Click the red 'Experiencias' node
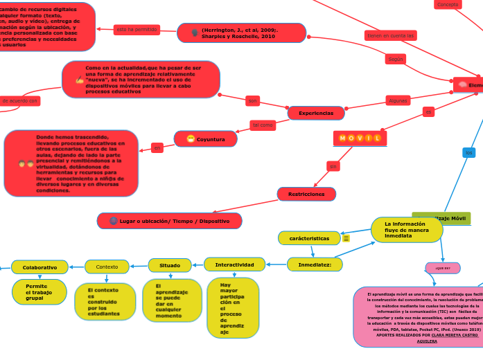click(x=316, y=113)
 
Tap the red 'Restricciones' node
click(x=306, y=195)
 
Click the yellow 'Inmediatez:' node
click(x=315, y=264)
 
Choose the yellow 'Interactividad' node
click(x=234, y=264)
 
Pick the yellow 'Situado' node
click(x=170, y=265)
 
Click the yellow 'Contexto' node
click(x=107, y=267)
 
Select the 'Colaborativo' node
click(x=39, y=267)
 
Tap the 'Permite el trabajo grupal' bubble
click(x=39, y=291)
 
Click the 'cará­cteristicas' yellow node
click(x=309, y=238)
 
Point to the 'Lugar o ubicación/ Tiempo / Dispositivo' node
click(x=170, y=221)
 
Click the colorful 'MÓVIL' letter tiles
click(x=360, y=138)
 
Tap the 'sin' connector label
click(x=333, y=166)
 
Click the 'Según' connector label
click(x=396, y=60)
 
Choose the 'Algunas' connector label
click(x=398, y=100)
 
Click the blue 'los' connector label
click(x=469, y=152)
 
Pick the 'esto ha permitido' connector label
click(x=137, y=30)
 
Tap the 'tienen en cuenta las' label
click(x=391, y=35)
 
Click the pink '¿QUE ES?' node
click(x=443, y=267)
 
